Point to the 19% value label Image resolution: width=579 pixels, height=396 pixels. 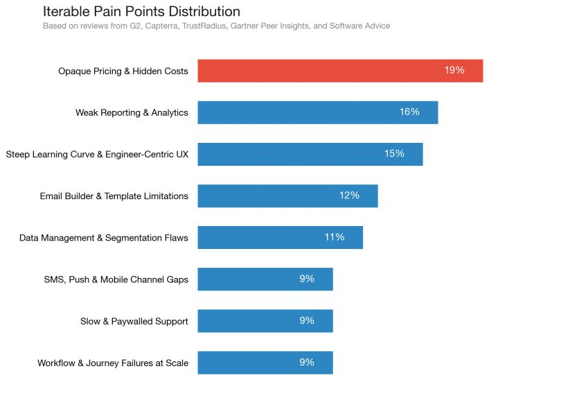point(454,70)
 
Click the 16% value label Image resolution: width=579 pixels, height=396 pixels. point(409,112)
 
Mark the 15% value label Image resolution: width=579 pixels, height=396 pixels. point(394,153)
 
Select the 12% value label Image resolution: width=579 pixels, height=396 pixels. point(349,196)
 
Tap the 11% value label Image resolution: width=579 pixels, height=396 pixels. point(334,237)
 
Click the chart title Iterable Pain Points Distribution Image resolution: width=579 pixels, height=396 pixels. point(141,12)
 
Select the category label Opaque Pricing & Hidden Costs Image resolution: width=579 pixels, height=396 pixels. point(123,71)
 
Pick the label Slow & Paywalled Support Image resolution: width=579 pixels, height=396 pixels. point(134,321)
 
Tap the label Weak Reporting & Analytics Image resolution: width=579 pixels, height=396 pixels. point(132,113)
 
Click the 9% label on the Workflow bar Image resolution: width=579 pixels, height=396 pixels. point(307,362)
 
